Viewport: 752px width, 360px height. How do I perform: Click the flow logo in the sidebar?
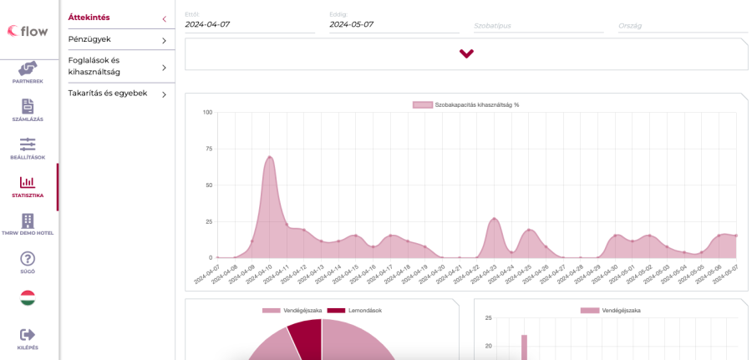pos(28,31)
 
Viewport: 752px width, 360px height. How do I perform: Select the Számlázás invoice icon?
pos(28,106)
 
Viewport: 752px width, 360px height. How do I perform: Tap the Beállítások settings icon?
pos(28,145)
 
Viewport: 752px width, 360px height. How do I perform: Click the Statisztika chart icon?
pos(28,182)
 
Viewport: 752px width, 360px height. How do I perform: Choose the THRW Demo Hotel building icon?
pos(28,221)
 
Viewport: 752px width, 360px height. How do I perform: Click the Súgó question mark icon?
pos(28,259)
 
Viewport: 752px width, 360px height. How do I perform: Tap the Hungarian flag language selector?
pos(28,297)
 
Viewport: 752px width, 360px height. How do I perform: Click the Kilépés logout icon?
pos(28,334)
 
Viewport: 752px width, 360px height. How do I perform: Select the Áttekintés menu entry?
pos(89,18)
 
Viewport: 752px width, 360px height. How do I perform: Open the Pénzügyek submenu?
pos(89,39)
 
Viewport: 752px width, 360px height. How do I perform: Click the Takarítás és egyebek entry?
pos(108,94)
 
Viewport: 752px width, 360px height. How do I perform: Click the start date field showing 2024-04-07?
pos(249,25)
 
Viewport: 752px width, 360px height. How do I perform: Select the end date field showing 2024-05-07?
pos(394,25)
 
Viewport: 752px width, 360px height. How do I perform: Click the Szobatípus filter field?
pos(538,26)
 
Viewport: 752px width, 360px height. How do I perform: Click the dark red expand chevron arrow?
pos(466,53)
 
